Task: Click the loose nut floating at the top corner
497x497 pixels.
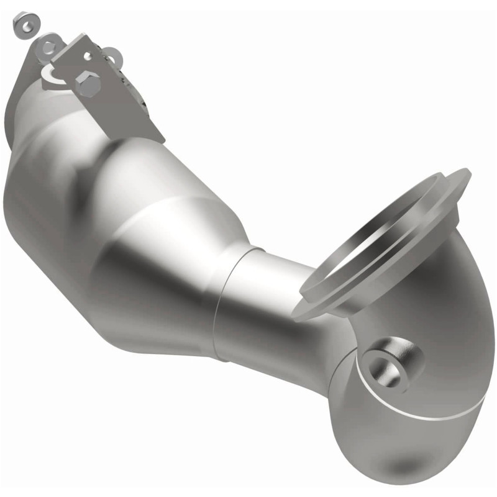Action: (x=25, y=24)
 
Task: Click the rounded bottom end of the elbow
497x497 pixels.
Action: (x=398, y=460)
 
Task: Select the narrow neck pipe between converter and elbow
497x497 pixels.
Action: (x=267, y=298)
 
